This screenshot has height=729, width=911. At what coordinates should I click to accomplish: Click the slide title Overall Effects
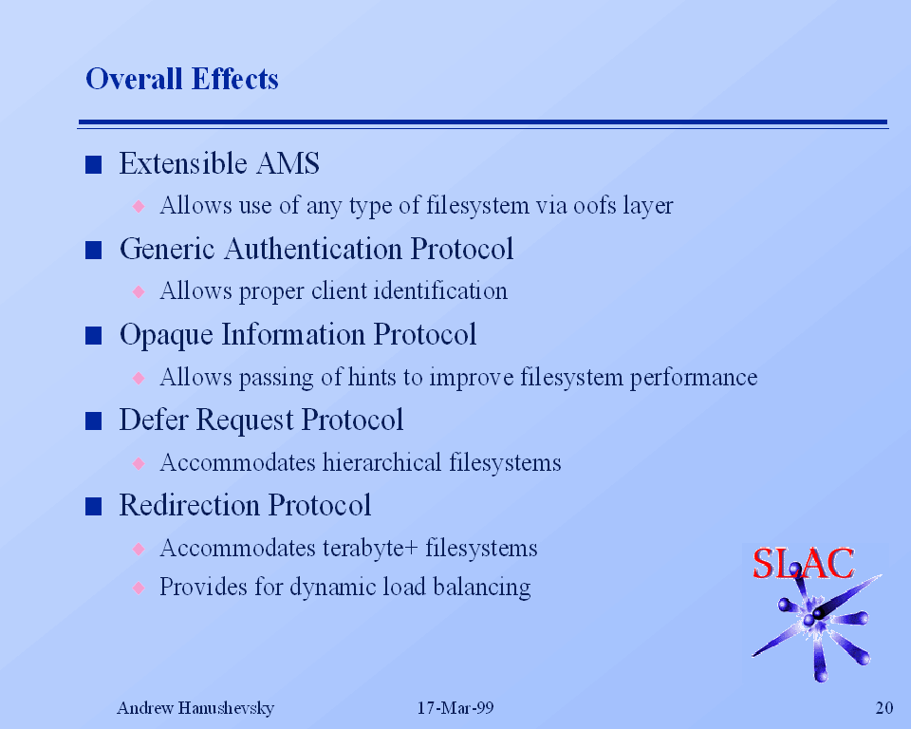(182, 79)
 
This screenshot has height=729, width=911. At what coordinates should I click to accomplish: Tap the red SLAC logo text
(803, 563)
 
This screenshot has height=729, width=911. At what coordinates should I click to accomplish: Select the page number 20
(884, 707)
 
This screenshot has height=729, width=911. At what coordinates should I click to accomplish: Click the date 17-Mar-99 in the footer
(455, 707)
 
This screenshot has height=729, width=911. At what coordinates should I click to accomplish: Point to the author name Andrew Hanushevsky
(195, 708)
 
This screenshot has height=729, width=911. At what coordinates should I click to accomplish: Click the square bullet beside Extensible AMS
(94, 164)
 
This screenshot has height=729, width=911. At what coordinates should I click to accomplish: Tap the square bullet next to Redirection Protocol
(94, 506)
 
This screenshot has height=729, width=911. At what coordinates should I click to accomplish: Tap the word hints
(372, 377)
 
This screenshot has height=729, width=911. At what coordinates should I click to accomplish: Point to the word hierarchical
(381, 462)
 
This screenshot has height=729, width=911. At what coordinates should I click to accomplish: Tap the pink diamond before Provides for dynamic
(139, 588)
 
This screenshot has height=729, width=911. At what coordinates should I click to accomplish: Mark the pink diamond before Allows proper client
(139, 291)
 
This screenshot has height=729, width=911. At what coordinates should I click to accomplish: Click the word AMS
(288, 163)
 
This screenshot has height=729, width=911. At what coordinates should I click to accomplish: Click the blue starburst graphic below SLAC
(815, 622)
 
